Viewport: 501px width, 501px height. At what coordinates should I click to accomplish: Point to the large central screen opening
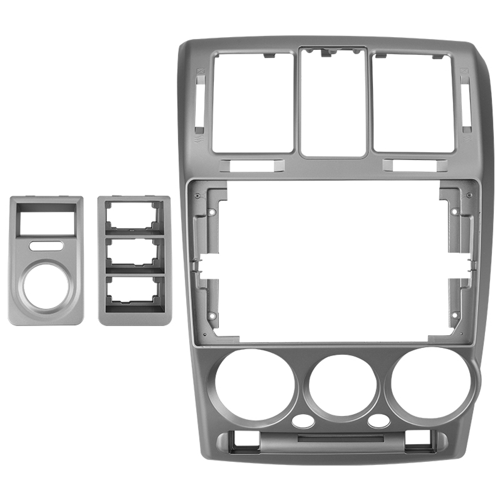pyautogui.click(x=331, y=261)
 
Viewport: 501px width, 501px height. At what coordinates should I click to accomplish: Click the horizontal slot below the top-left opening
pyautogui.click(x=252, y=165)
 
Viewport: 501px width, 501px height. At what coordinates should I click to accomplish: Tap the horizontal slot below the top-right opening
pyautogui.click(x=415, y=165)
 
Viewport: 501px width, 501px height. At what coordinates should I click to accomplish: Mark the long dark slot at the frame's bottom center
pyautogui.click(x=341, y=439)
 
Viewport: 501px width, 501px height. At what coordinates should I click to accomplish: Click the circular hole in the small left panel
pyautogui.click(x=46, y=287)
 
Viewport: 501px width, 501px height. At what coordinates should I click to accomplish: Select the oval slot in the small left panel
pyautogui.click(x=46, y=245)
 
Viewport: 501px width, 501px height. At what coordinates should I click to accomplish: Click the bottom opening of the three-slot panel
pyautogui.click(x=134, y=292)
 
